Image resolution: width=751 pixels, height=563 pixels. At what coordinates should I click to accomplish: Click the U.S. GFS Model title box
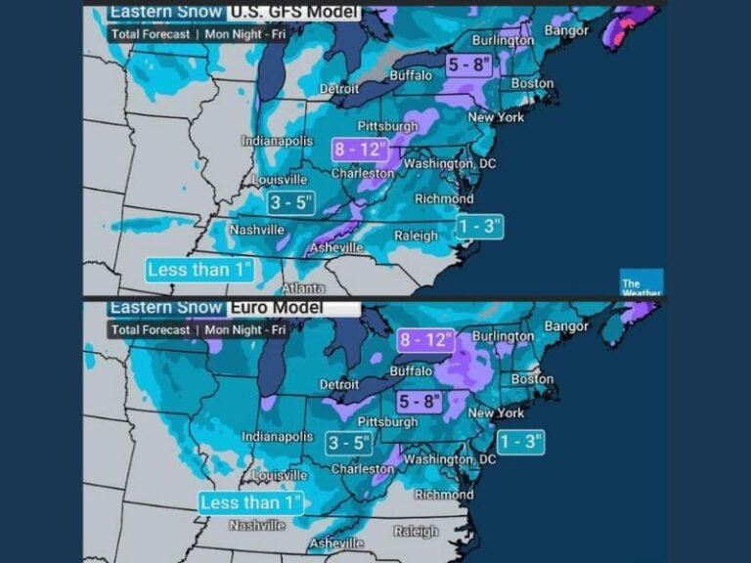293,13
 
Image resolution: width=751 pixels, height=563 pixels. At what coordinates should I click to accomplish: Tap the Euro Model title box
293,307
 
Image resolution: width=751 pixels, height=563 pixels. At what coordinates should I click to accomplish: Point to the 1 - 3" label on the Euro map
524,442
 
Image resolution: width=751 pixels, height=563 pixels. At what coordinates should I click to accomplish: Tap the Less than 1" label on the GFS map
199,270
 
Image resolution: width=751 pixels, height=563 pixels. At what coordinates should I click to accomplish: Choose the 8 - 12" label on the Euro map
426,340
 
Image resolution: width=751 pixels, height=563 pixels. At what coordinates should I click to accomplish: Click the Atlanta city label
303,289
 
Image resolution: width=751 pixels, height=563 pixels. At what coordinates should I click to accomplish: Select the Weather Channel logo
641,282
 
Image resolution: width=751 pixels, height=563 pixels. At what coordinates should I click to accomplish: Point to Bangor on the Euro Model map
566,325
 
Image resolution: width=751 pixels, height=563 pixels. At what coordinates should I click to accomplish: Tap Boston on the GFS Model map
532,84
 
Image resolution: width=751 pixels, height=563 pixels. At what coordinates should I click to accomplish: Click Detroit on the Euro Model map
339,385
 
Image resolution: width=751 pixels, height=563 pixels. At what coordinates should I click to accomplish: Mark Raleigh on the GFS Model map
416,236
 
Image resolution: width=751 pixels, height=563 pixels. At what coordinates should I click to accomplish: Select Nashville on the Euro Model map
256,525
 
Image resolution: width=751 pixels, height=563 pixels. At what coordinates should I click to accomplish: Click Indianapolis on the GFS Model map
277,142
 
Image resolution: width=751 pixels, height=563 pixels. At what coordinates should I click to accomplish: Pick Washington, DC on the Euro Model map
449,459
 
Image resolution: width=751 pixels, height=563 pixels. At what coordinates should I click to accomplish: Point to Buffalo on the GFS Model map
410,75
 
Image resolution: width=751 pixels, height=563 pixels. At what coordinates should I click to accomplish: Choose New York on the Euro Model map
496,413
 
